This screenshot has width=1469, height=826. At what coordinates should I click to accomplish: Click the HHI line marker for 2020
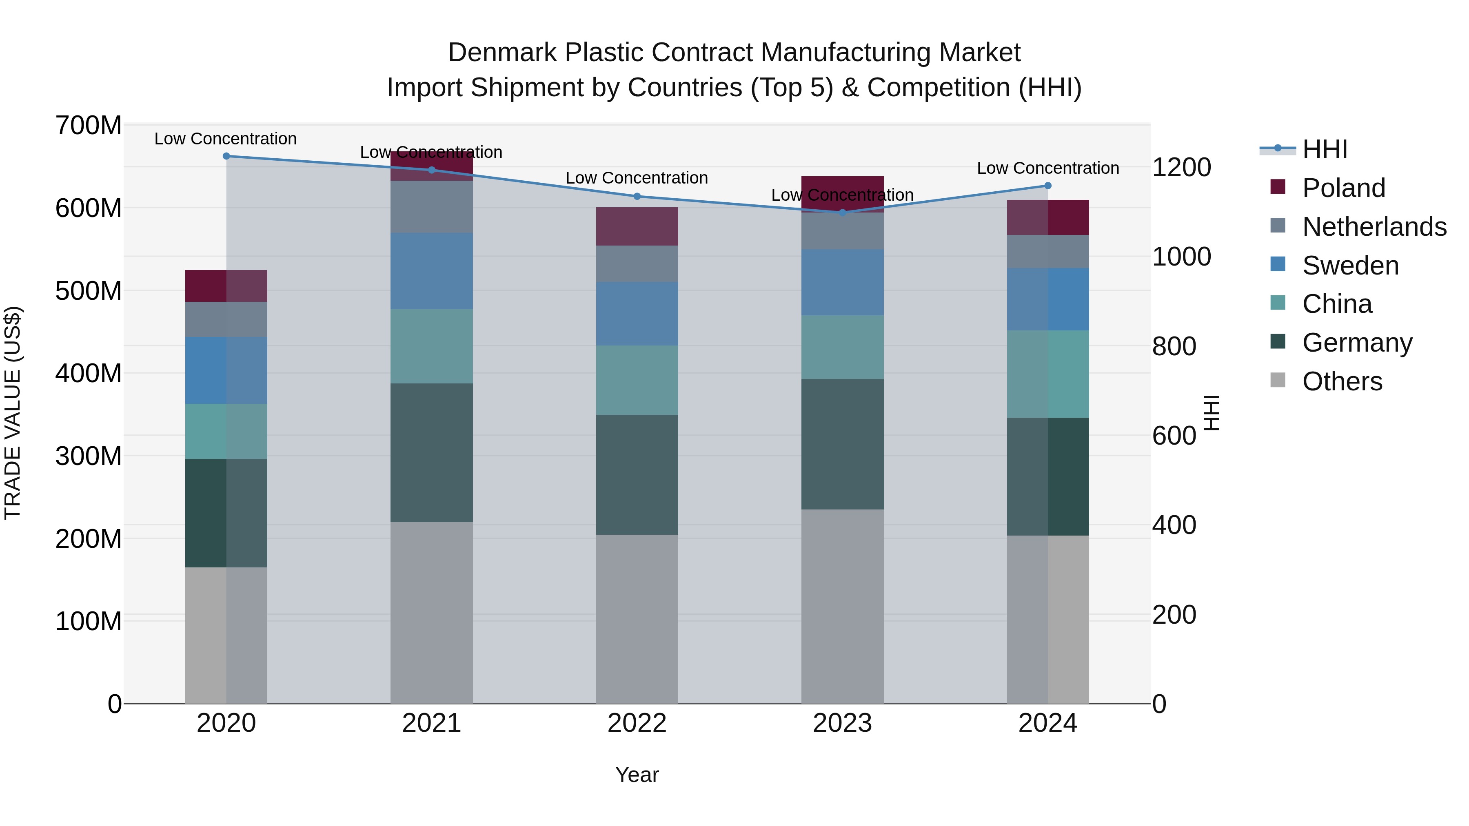(x=226, y=156)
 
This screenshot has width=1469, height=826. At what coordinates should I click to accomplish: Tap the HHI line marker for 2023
(x=842, y=213)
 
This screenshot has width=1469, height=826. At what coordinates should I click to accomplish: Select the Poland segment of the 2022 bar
(x=637, y=227)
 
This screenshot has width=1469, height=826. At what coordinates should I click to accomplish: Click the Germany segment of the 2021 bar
(x=432, y=453)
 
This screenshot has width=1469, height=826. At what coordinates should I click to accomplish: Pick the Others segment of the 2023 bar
(x=842, y=606)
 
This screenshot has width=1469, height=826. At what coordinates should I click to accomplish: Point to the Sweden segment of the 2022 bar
(x=637, y=314)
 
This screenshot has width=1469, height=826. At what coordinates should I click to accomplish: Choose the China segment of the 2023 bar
(x=842, y=347)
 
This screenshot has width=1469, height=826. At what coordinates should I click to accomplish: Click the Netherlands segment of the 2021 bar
(x=432, y=206)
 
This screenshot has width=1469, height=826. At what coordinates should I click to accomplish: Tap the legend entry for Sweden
(x=1350, y=266)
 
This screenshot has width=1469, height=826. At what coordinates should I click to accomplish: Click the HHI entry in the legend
(x=1324, y=149)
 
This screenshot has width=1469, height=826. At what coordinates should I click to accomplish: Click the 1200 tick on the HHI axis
(x=1181, y=168)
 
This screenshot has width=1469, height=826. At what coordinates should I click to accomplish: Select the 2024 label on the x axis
(x=1047, y=723)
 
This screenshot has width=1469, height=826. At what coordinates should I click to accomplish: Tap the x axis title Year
(x=637, y=775)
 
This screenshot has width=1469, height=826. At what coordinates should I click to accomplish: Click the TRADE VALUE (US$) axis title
(x=13, y=413)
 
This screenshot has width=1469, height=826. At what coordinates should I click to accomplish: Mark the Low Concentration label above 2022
(x=637, y=178)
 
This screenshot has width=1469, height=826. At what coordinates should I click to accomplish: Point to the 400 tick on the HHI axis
(x=1174, y=525)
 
